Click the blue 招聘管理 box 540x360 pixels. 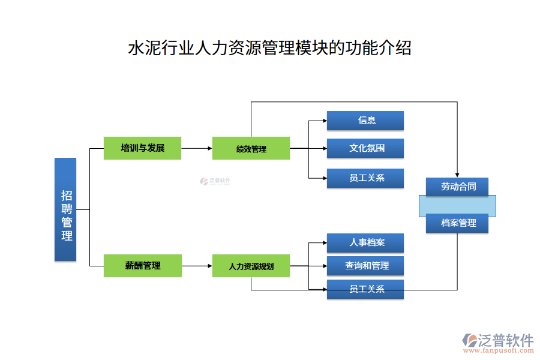coord(65,209)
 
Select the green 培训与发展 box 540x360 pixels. coord(142,148)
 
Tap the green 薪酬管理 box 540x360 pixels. coord(142,265)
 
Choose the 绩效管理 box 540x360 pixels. coord(251,148)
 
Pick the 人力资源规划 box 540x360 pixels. coord(251,266)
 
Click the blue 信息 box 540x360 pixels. coord(365,120)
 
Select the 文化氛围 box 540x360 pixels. coord(365,148)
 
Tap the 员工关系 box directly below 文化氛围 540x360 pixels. coord(365,178)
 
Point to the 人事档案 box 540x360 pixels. coord(365,243)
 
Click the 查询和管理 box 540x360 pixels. coord(365,266)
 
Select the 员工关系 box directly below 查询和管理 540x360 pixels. coord(365,289)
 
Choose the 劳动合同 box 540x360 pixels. coord(457,187)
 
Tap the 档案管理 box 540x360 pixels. coord(457,223)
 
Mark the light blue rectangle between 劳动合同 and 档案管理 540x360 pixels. coord(457,205)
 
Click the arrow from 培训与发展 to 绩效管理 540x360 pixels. coord(197,148)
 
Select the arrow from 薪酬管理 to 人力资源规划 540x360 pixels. coord(197,265)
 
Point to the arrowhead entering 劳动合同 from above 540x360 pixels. coord(457,174)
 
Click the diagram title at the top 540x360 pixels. coord(270,48)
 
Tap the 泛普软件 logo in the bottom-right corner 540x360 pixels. coord(498,340)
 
